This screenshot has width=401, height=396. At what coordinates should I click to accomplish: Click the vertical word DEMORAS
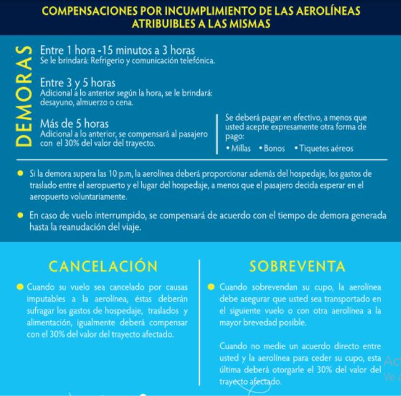[x=23, y=96]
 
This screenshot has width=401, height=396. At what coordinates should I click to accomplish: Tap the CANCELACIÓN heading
[x=103, y=266]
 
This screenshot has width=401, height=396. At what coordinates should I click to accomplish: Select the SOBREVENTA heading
[x=297, y=266]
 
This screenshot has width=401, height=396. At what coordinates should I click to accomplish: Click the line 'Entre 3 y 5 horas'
[x=78, y=83]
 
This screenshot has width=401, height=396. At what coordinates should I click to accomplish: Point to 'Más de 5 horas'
[x=74, y=123]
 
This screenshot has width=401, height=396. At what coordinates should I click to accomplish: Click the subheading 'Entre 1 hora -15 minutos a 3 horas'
[x=117, y=50]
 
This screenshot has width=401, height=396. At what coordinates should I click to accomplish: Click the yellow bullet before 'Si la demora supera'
[x=21, y=174]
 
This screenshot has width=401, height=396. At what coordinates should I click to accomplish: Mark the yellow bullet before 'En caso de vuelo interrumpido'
[x=21, y=215]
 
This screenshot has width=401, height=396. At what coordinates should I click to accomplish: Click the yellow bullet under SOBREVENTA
[x=212, y=287]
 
